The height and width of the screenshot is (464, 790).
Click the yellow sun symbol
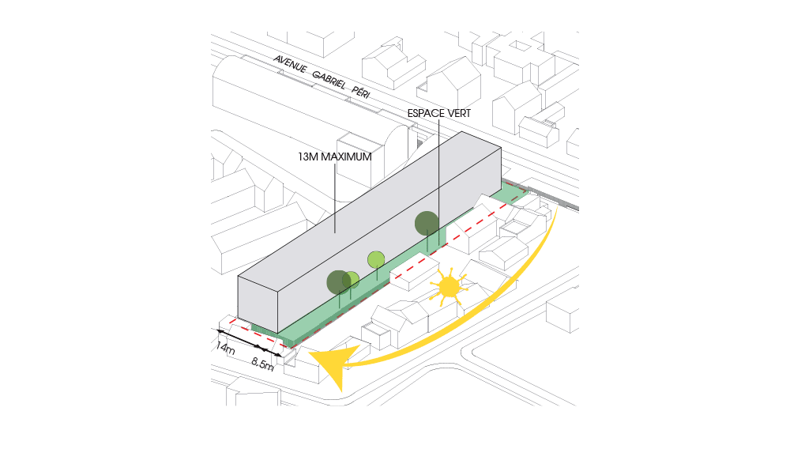pyautogui.click(x=448, y=287)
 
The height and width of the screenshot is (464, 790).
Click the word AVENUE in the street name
pyautogui.click(x=290, y=64)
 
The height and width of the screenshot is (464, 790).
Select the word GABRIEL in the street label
pyautogui.click(x=329, y=80)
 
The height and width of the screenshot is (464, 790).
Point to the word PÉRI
pyautogui.click(x=361, y=92)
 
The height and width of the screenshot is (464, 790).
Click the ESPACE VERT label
pyautogui.click(x=438, y=114)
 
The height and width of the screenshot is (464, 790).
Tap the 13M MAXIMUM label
pyautogui.click(x=334, y=157)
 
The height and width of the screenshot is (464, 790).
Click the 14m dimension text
pyautogui.click(x=225, y=348)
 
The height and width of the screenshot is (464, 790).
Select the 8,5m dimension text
pyautogui.click(x=262, y=363)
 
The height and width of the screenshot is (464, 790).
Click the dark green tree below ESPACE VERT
pyautogui.click(x=427, y=224)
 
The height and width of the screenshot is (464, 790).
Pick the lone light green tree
pyautogui.click(x=376, y=260)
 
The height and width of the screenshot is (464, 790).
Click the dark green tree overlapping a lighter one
pyautogui.click(x=339, y=282)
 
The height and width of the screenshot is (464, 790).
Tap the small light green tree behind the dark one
pyautogui.click(x=352, y=280)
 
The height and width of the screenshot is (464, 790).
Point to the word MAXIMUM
pyautogui.click(x=346, y=157)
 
